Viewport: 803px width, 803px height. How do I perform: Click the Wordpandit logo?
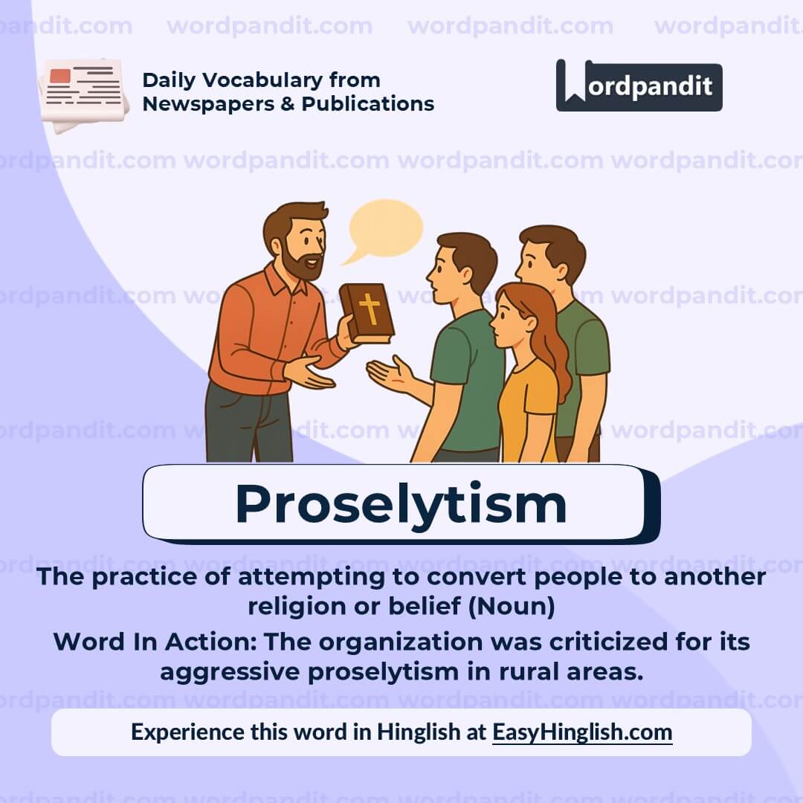pyautogui.click(x=639, y=86)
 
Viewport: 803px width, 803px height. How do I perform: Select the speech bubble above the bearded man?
pyautogui.click(x=384, y=228)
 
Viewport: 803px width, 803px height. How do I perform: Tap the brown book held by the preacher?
pyautogui.click(x=367, y=312)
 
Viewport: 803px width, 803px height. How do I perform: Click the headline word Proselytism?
pyautogui.click(x=401, y=504)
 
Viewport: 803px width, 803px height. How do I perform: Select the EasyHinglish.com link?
pyautogui.click(x=582, y=732)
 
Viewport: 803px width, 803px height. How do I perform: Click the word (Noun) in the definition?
pyautogui.click(x=512, y=607)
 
